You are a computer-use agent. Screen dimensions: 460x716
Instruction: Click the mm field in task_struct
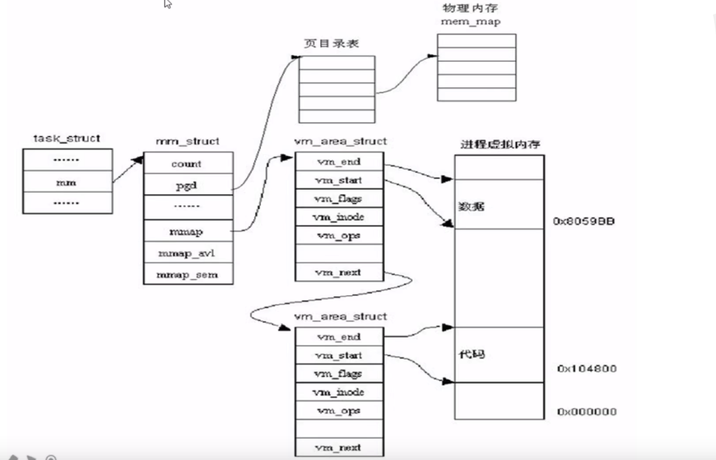(x=67, y=181)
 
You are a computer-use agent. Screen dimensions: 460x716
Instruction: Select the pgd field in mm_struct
(x=187, y=184)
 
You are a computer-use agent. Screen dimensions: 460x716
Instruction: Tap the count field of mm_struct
(x=187, y=164)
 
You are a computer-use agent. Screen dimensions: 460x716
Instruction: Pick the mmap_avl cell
(x=187, y=253)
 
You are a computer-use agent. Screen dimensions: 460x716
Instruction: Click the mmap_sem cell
(x=187, y=274)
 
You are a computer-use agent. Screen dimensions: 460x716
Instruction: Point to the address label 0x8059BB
(x=584, y=222)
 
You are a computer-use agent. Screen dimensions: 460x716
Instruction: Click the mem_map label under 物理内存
(x=476, y=22)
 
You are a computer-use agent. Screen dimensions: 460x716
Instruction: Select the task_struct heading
(x=67, y=138)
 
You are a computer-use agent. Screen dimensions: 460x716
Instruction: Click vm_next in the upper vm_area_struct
(x=339, y=272)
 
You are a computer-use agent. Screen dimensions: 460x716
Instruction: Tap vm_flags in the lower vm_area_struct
(x=339, y=374)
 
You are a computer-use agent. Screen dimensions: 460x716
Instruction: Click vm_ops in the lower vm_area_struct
(x=339, y=411)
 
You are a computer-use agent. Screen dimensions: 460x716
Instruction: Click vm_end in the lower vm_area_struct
(x=339, y=337)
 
